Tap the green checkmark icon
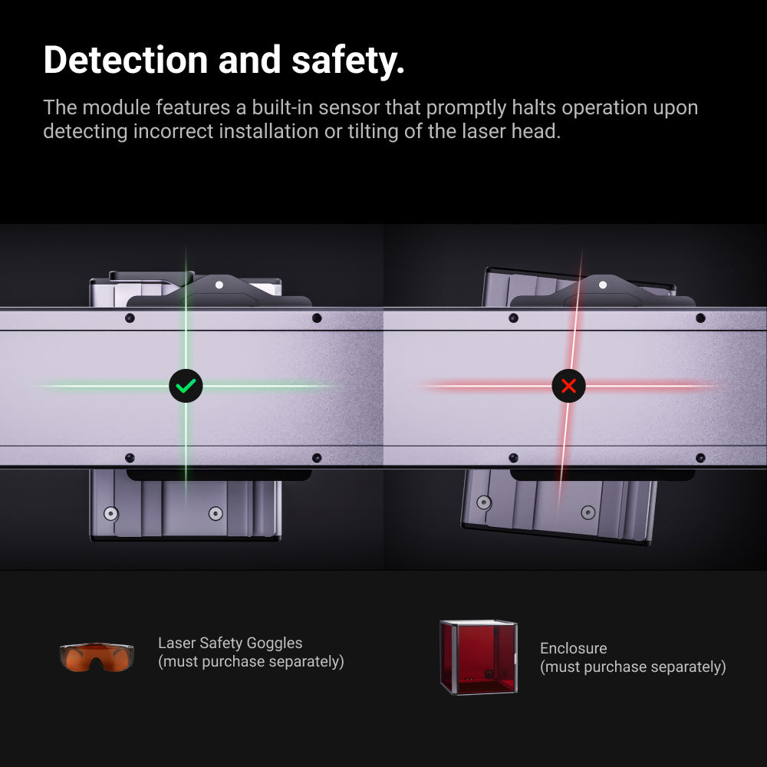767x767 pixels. coord(186,386)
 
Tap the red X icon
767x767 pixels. coord(568,386)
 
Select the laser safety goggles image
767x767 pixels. coord(97,657)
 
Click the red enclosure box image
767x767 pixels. coord(478,657)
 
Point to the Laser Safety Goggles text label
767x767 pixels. coord(230,644)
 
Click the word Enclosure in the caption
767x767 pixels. coord(573,649)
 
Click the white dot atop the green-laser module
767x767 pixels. coord(219,285)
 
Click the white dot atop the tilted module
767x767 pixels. coord(602,285)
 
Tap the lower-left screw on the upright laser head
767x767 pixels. coord(112,512)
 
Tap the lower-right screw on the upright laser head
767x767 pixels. coord(216,512)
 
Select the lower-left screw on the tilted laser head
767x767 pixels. coord(484,502)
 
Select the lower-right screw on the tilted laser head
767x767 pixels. coord(588,512)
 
